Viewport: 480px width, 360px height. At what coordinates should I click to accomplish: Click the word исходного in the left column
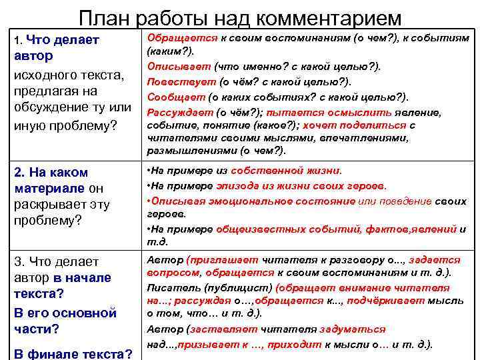(45, 73)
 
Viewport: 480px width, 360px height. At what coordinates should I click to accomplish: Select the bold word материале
(49, 188)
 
